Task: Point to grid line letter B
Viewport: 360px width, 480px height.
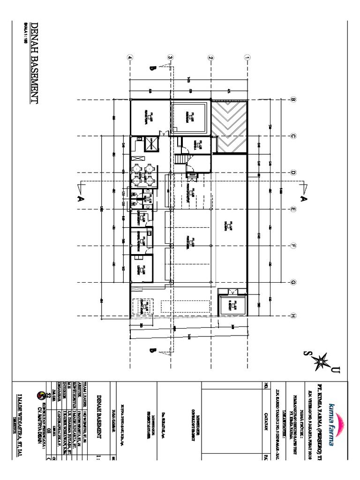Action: (x=293, y=99)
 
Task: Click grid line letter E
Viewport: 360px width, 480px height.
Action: (x=293, y=209)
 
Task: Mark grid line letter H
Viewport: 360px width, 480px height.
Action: (x=293, y=315)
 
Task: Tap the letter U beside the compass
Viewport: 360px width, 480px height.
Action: (x=335, y=372)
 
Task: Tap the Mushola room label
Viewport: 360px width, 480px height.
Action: (x=198, y=145)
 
